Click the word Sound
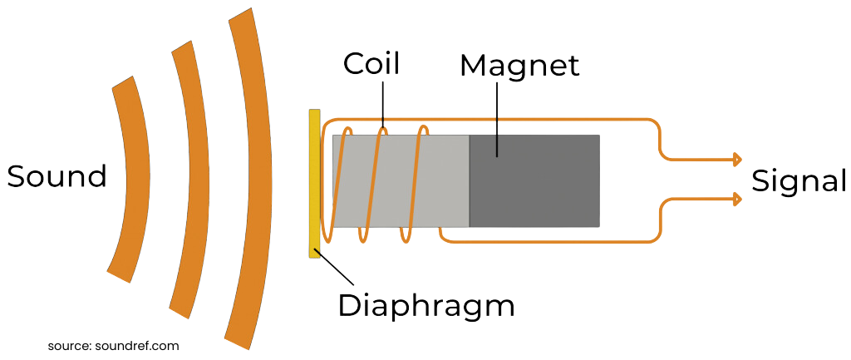(x=57, y=177)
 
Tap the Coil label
(x=371, y=65)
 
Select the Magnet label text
(x=519, y=66)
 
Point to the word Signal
(x=799, y=180)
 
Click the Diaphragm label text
(x=426, y=306)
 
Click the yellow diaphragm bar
(x=314, y=183)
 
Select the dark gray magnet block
(x=534, y=180)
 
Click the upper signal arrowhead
(x=735, y=159)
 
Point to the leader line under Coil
(x=384, y=104)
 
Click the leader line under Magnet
(x=498, y=116)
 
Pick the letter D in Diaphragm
(x=349, y=306)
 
